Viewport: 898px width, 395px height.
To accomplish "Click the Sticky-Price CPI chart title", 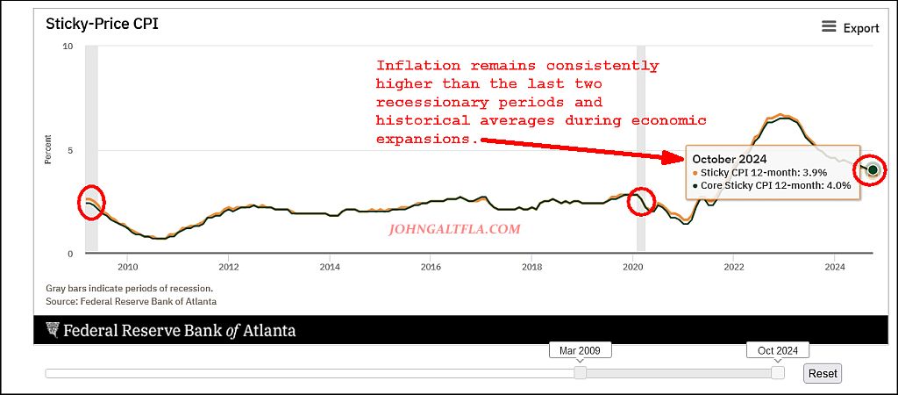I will point(101,24).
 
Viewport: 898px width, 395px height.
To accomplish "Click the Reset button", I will point(823,373).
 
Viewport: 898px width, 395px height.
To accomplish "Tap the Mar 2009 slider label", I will point(580,350).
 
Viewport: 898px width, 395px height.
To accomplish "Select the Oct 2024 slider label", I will point(777,350).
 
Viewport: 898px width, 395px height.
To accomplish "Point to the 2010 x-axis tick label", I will point(128,267).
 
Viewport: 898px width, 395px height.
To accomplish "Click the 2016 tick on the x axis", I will point(431,267).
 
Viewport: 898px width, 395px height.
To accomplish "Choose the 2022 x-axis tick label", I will point(733,267).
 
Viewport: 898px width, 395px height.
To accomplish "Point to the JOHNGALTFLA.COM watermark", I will point(454,229).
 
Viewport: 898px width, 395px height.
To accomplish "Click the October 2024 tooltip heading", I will point(730,159).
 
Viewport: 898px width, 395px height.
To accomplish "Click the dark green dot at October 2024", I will point(873,169).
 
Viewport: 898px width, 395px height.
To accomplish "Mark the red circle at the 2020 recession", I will point(643,202).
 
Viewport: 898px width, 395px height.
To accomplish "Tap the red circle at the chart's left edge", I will point(91,203).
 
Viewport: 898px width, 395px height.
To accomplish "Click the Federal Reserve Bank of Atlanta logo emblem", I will point(53,330).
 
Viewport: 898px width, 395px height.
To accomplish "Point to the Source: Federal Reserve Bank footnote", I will point(131,301).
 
